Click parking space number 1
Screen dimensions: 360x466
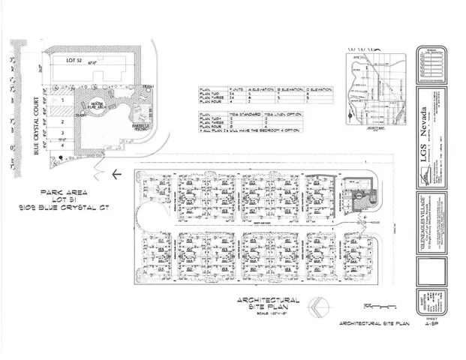pos(65,97)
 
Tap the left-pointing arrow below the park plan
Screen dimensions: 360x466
pos(113,175)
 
